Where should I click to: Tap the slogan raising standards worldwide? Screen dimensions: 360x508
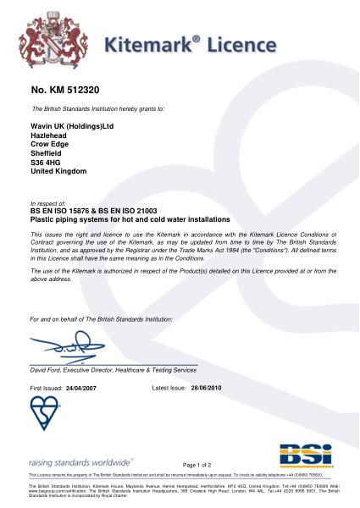point(80,462)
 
